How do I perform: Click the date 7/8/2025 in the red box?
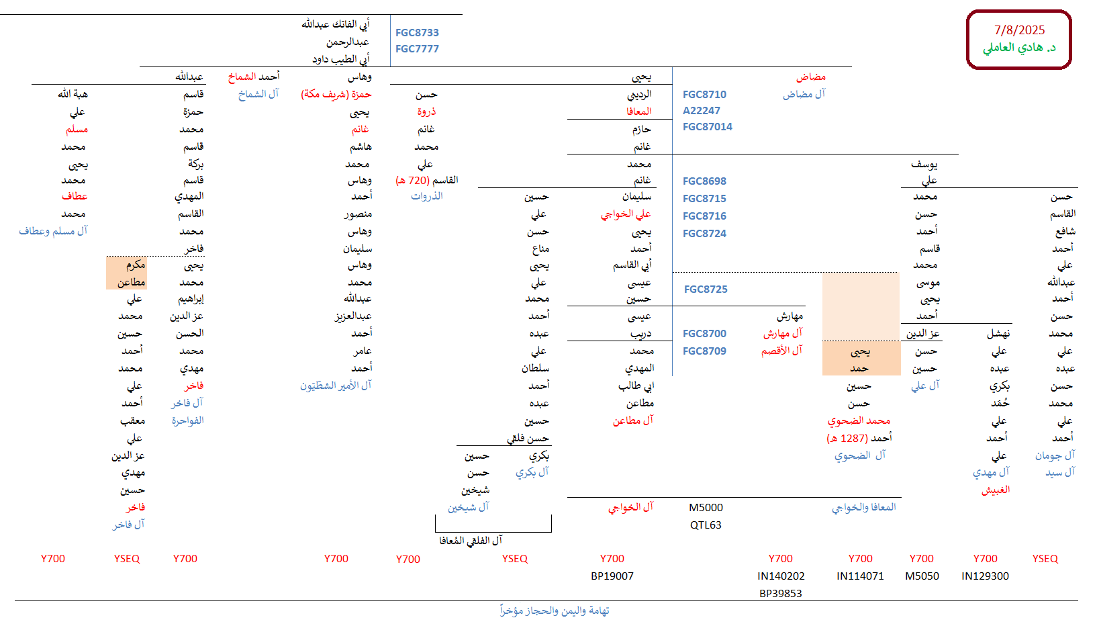tap(1019, 30)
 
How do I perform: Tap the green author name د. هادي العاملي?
tap(1019, 48)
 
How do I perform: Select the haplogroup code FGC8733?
tap(417, 33)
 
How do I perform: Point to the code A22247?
tap(701, 111)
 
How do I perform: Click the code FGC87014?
tap(707, 127)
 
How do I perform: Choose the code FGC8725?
tap(706, 289)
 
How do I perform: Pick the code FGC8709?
tap(704, 351)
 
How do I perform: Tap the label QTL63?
tap(706, 525)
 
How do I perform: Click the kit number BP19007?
tap(612, 576)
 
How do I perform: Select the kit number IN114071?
tap(860, 576)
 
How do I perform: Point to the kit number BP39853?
tap(780, 594)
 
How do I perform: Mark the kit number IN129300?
tap(985, 576)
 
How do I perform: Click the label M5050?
tap(922, 576)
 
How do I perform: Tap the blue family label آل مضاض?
tap(804, 95)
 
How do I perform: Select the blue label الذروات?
tap(427, 196)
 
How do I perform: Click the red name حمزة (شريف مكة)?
tap(336, 95)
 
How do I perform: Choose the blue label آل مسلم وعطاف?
tap(53, 231)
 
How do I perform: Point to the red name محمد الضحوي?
tap(859, 421)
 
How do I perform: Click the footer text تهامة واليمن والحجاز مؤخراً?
tap(555, 611)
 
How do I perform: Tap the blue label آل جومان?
tap(1055, 455)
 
